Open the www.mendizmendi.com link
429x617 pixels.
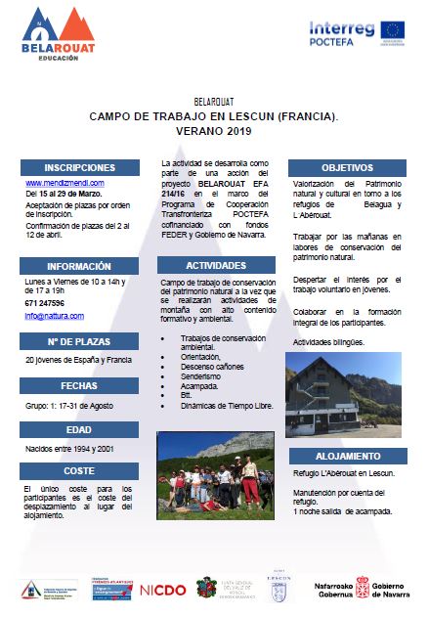pos(64,183)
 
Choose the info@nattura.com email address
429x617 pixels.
pos(54,316)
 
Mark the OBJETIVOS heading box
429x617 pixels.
pos(347,167)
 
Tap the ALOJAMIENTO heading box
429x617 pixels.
pos(347,457)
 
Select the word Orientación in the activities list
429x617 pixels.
pos(203,357)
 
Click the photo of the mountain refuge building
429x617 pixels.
pos(343,396)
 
